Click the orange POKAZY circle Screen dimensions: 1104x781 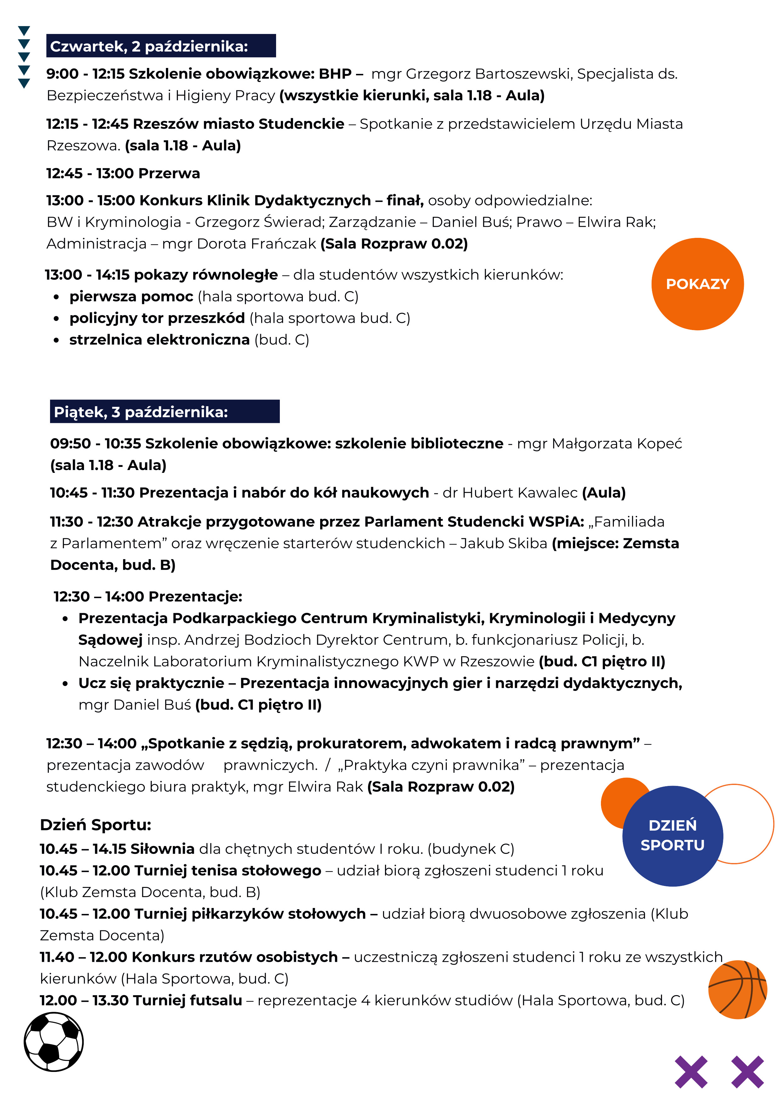[x=697, y=284]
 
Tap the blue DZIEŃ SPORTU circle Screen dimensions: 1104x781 [x=672, y=835]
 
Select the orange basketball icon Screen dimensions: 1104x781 [x=737, y=989]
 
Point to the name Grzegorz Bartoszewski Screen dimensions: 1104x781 [x=489, y=74]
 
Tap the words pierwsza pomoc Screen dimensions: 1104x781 [x=131, y=296]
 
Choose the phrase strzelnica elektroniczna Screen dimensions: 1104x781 [x=159, y=339]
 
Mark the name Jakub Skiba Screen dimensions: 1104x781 [x=503, y=543]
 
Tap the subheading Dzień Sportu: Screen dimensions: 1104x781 [x=95, y=825]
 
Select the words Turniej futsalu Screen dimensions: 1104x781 [x=187, y=1000]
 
